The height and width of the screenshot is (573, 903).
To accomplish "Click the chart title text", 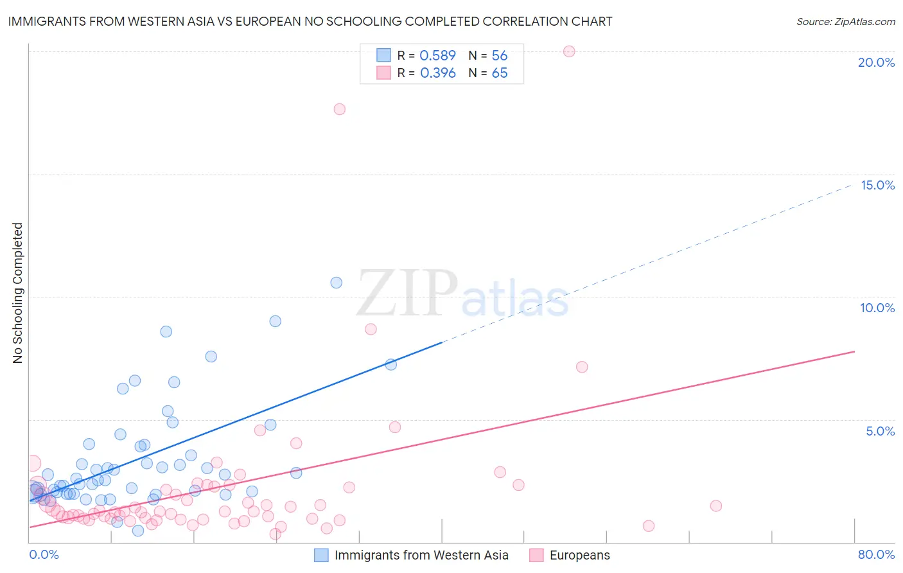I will [310, 21].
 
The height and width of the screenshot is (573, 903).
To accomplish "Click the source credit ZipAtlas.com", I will [845, 21].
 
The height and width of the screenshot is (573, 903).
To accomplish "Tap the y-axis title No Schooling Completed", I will [17, 293].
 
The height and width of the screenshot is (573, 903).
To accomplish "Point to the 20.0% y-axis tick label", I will [876, 62].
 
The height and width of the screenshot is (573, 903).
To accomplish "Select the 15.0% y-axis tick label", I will [877, 185].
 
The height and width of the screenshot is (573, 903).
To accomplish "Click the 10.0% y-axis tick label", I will [877, 308].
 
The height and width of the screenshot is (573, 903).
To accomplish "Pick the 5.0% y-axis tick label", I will [880, 431].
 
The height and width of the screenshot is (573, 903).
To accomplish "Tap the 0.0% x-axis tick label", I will [44, 554].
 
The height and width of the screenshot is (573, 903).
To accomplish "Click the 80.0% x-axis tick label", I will [876, 554].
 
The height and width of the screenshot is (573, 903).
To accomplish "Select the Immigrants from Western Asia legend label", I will [421, 555].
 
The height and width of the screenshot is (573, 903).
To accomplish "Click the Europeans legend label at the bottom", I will [579, 555].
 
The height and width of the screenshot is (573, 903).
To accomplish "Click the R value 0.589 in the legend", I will [437, 55].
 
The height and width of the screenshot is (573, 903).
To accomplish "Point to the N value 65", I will [499, 73].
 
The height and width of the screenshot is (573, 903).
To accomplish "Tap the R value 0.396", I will [437, 73].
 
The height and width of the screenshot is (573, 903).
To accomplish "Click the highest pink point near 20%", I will [569, 51].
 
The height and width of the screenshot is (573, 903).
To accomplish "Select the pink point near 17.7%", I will [340, 109].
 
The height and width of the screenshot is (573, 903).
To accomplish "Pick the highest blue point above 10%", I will [336, 283].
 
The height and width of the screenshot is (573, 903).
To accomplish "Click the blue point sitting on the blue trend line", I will [390, 364].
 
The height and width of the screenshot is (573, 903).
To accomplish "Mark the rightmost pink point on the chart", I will [716, 506].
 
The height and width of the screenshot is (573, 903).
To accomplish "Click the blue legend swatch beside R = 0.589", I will [383, 55].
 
